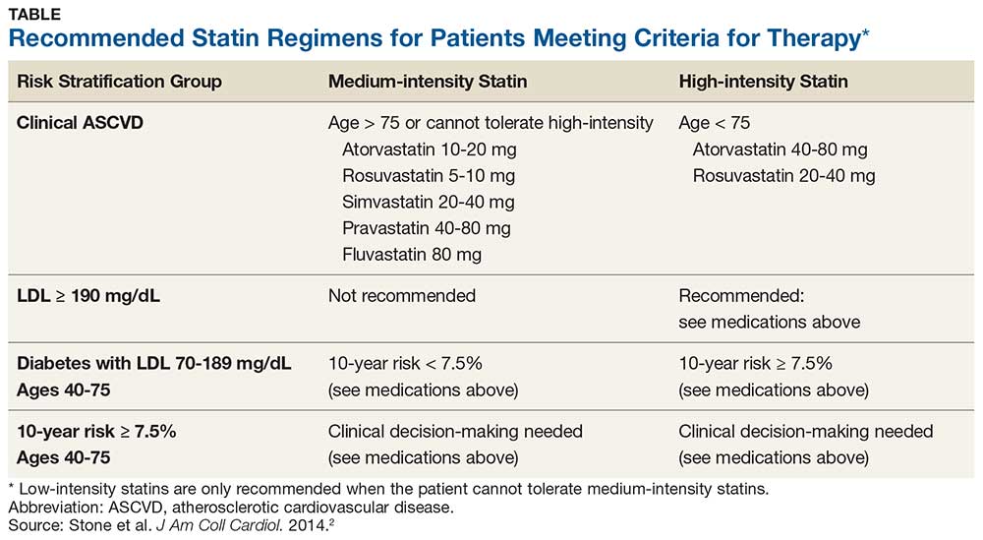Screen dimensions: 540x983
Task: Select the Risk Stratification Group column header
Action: [119, 82]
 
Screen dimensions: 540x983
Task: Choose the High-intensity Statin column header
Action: [763, 82]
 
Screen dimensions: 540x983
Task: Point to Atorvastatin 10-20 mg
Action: [430, 150]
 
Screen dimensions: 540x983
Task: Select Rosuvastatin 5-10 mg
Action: [429, 176]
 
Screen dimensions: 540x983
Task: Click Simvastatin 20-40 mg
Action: [428, 202]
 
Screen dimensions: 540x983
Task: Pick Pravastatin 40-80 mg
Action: [427, 228]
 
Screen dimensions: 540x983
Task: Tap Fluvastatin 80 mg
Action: [413, 254]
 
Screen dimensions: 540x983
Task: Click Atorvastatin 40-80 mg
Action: [780, 150]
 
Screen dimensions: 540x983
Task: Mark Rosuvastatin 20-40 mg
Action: [783, 176]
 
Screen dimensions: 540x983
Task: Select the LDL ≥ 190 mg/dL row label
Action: [89, 296]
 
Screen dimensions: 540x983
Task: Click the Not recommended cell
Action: [402, 296]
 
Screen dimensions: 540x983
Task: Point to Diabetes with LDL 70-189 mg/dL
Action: [154, 364]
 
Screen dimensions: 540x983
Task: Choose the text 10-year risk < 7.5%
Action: [415, 364]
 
